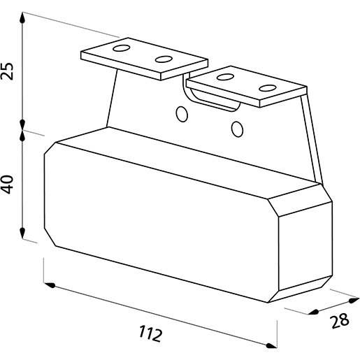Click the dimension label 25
click(7, 71)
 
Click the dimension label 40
click(7, 185)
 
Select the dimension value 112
click(150, 333)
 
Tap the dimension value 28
click(340, 321)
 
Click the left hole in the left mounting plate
click(121, 48)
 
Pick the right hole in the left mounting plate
click(164, 59)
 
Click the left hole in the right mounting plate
click(225, 77)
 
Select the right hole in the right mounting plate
click(268, 88)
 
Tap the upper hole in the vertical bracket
click(182, 114)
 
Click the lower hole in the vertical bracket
click(238, 129)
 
